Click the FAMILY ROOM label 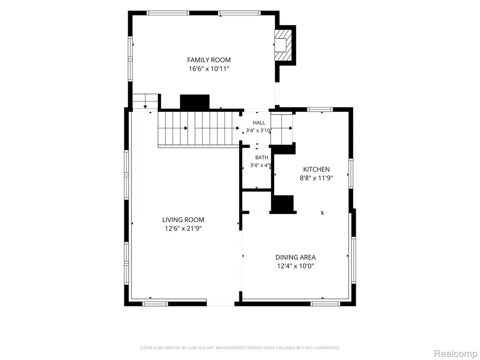[209, 60]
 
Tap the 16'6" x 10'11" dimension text [209, 69]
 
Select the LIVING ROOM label [183, 220]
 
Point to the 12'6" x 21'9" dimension [183, 228]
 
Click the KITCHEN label [316, 169]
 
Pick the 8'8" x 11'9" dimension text [316, 178]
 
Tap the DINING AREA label [295, 257]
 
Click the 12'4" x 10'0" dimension [295, 266]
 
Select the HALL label [259, 123]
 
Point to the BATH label [262, 157]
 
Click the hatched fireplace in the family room [283, 45]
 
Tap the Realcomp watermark [456, 353]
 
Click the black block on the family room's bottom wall [195, 102]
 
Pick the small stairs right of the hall [281, 129]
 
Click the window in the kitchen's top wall [320, 109]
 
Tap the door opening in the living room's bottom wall [221, 304]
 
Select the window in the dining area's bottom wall [325, 304]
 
